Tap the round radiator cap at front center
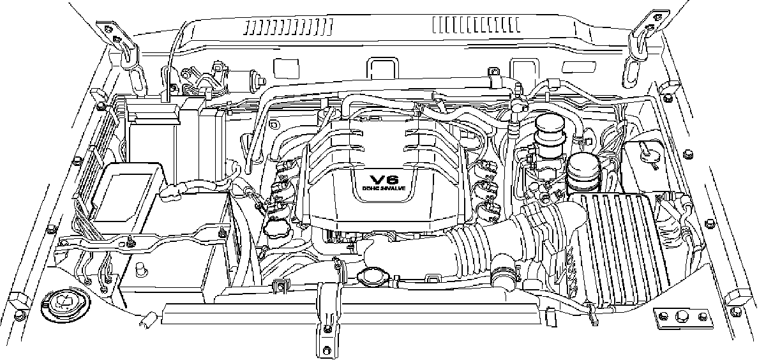pos(370,276)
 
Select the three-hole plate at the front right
pos(681,315)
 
